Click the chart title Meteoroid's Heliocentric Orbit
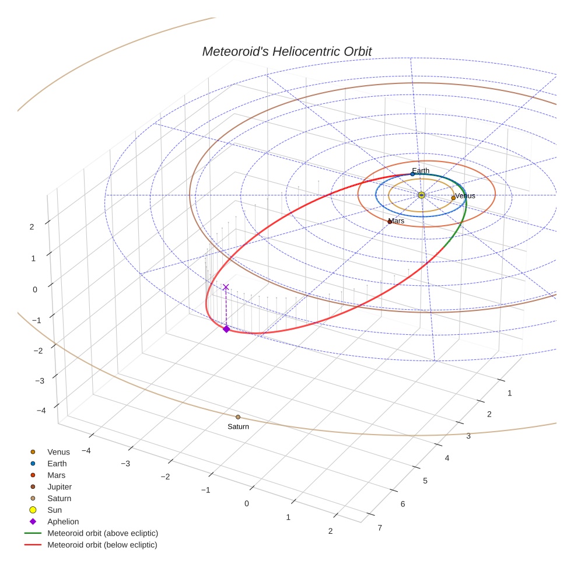click(286, 51)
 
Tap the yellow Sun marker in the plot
click(421, 195)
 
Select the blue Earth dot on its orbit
click(412, 174)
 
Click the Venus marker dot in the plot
click(453, 198)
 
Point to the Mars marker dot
click(390, 222)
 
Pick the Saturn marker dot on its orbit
click(238, 417)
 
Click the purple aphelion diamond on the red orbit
click(226, 329)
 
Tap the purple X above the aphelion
click(226, 287)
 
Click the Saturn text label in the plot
click(239, 426)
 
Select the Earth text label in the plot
click(421, 170)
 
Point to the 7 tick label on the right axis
click(380, 528)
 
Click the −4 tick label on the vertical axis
click(41, 410)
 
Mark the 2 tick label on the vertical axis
click(32, 227)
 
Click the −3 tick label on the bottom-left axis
click(125, 463)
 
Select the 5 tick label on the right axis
click(425, 481)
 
